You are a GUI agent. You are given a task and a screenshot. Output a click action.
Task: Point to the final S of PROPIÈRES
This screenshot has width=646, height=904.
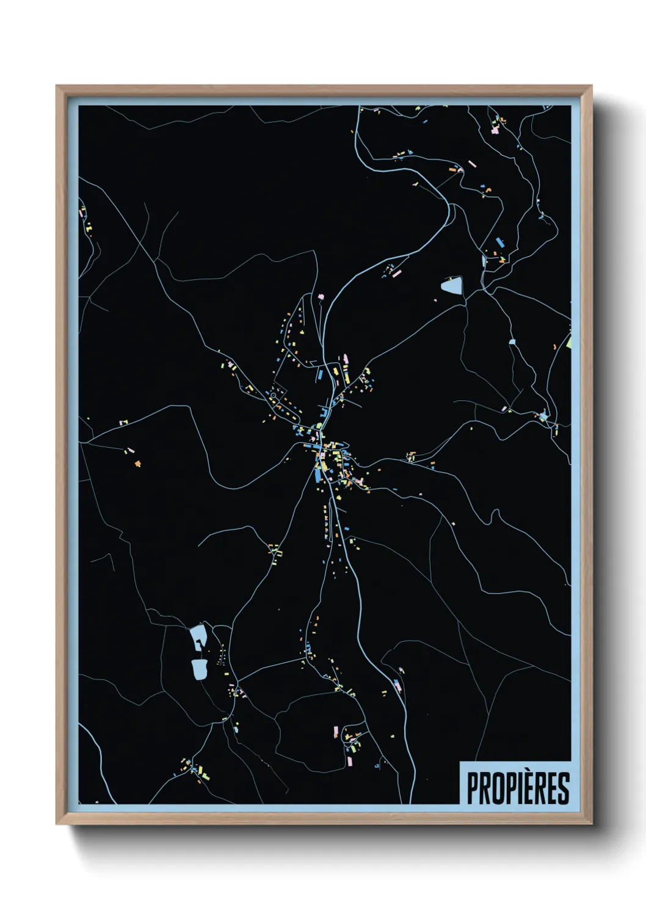tap(563, 789)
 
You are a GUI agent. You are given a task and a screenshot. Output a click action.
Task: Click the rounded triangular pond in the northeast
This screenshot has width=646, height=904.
tap(452, 285)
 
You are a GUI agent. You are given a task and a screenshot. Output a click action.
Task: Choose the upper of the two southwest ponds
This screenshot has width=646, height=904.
tap(198, 636)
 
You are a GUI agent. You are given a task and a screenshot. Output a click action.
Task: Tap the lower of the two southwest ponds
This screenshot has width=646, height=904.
tap(199, 669)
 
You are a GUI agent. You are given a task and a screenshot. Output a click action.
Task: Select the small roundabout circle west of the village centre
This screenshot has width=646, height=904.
tap(273, 396)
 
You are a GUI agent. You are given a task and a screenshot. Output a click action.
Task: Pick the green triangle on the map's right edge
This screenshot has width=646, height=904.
tap(568, 342)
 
